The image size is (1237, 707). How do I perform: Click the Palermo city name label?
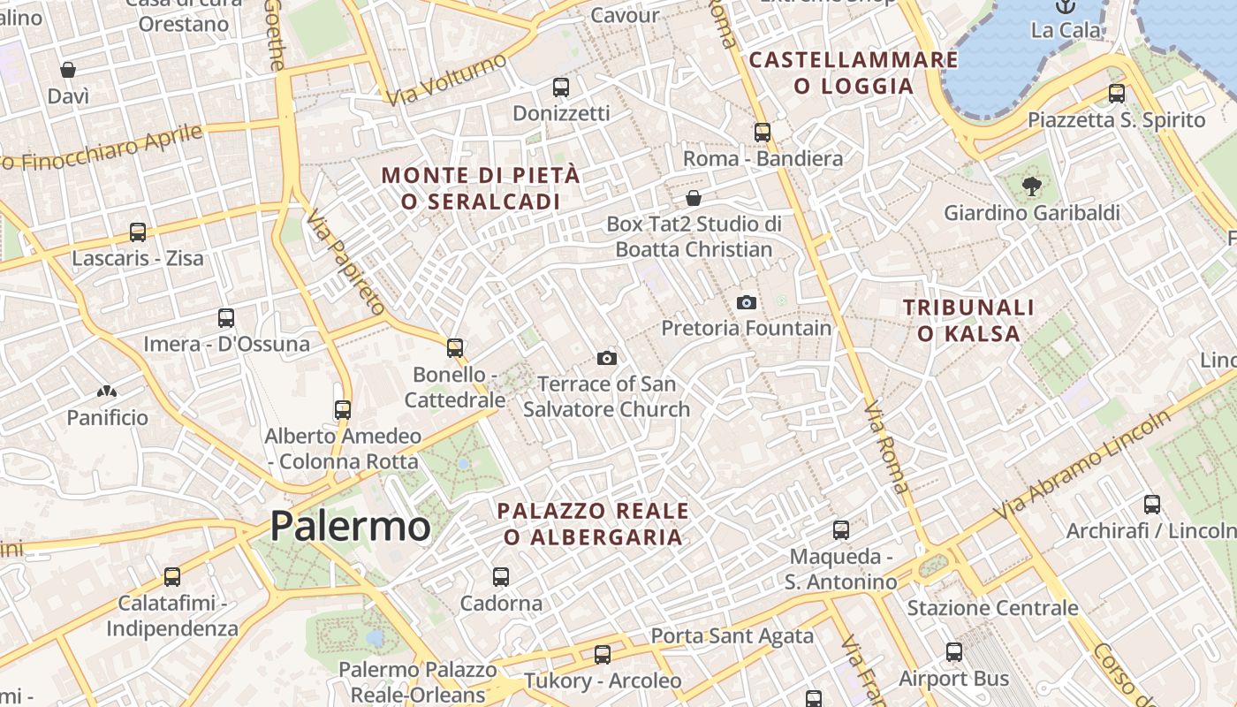(x=350, y=526)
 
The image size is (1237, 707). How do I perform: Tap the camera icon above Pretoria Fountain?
(x=747, y=303)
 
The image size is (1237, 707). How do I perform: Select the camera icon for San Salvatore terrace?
(x=606, y=358)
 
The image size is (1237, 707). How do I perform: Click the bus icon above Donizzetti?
(x=561, y=87)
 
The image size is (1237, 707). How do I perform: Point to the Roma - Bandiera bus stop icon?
(x=763, y=133)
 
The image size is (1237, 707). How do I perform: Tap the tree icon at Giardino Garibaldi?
(x=1030, y=186)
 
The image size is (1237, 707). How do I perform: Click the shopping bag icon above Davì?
(x=68, y=70)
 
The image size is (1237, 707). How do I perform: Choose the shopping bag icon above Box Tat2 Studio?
(x=694, y=197)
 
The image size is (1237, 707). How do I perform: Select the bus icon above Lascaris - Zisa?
(x=138, y=232)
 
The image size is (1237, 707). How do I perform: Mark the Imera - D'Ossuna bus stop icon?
(x=226, y=318)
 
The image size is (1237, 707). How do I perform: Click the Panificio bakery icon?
(x=107, y=392)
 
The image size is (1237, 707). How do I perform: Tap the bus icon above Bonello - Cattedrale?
(x=455, y=348)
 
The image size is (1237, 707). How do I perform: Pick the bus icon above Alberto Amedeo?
(x=343, y=410)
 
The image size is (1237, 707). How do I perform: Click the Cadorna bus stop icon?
(x=501, y=577)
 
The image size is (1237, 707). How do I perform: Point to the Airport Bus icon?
(x=954, y=653)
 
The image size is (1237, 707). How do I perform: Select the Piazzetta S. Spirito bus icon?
(x=1117, y=94)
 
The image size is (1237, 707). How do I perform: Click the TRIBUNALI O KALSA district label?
(x=968, y=321)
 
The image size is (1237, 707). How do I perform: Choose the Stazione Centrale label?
(x=992, y=608)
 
